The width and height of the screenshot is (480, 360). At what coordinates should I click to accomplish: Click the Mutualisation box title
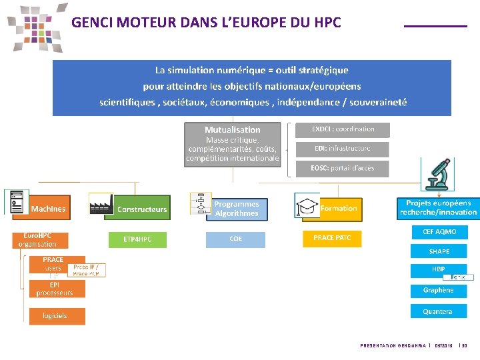point(232,129)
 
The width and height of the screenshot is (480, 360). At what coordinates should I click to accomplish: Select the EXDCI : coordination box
point(343,129)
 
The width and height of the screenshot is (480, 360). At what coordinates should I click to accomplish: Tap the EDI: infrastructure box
point(343,149)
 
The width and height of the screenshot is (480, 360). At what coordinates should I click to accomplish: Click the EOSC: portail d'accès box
point(343,168)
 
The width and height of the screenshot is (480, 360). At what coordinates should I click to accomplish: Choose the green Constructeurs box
point(141,209)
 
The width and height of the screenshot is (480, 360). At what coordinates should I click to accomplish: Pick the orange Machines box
point(48,209)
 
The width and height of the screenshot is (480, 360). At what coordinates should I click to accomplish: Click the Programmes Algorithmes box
point(236,209)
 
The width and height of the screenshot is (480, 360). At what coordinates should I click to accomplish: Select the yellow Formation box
point(339,209)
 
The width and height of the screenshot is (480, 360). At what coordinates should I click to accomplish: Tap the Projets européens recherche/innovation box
point(438,207)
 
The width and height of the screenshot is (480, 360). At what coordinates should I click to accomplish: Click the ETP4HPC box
point(137,239)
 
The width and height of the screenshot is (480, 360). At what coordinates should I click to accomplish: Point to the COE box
point(235,239)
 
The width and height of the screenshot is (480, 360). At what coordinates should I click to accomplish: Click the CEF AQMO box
point(439,232)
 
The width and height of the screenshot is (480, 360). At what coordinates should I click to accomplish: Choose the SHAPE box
point(439,251)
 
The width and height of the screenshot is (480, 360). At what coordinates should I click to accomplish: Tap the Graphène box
point(438,290)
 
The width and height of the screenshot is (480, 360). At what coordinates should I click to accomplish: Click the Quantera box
point(437,311)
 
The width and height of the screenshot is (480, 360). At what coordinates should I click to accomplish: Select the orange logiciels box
point(56,315)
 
